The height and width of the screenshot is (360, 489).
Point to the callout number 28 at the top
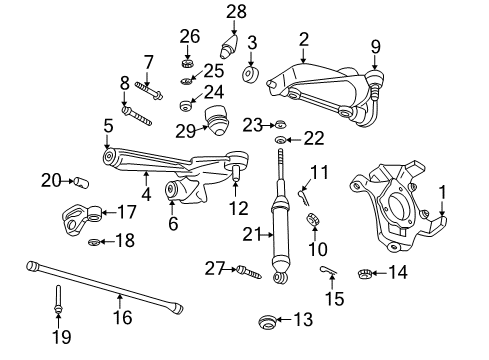(236, 12)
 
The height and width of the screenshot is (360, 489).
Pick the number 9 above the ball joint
(376, 45)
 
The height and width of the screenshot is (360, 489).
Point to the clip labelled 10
(311, 219)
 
